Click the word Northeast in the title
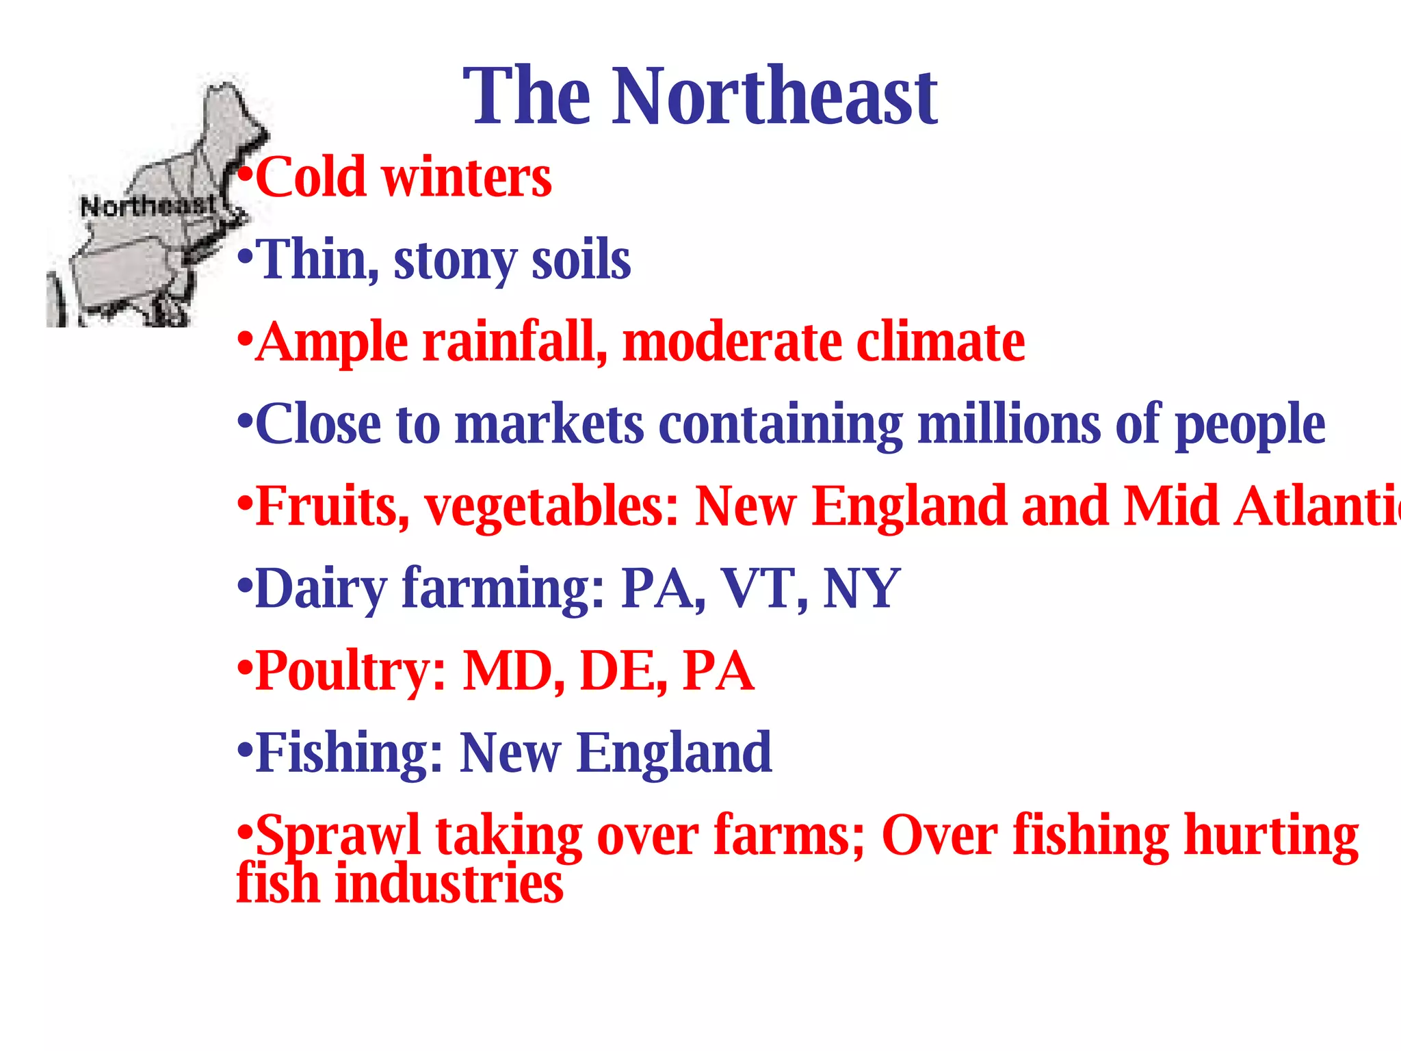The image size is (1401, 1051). point(774,97)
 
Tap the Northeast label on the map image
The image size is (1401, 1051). point(148,205)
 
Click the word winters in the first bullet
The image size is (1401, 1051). point(467,177)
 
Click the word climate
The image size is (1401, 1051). point(941,342)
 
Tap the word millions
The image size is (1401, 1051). point(1009,424)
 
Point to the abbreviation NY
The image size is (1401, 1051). point(861,588)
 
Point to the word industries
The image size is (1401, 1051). point(449,884)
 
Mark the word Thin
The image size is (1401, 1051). point(318,261)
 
